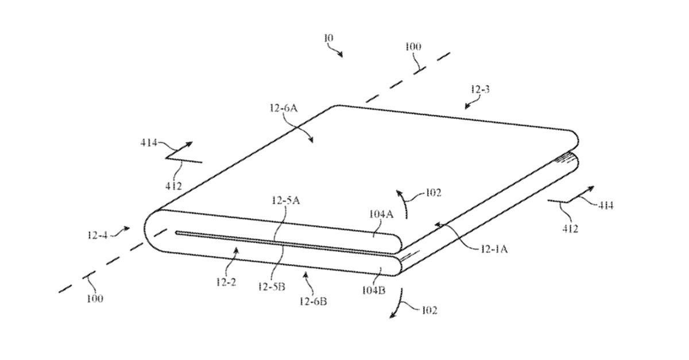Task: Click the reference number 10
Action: (328, 38)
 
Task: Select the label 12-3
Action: (480, 90)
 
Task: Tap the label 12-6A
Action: (282, 107)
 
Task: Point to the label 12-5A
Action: (285, 200)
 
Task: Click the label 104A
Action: (381, 214)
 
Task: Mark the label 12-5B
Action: (272, 287)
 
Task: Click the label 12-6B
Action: (313, 300)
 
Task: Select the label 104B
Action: (373, 289)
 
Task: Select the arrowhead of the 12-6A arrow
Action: (312, 142)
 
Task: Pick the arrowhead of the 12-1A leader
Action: (436, 224)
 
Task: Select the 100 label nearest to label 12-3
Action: (413, 47)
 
